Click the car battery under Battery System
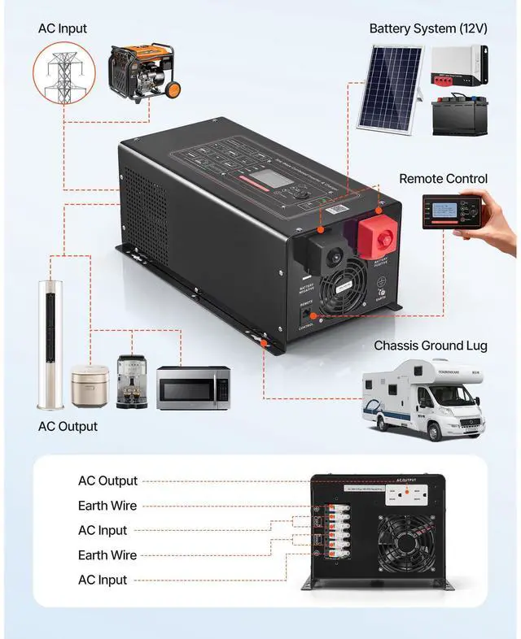tap(459, 115)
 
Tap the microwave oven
tap(193, 388)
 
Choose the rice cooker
tap(90, 386)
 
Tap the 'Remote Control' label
tap(443, 179)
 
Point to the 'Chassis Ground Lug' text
tap(430, 346)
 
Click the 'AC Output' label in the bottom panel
tap(107, 480)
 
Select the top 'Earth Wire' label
tap(107, 506)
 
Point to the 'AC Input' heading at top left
tap(63, 28)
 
